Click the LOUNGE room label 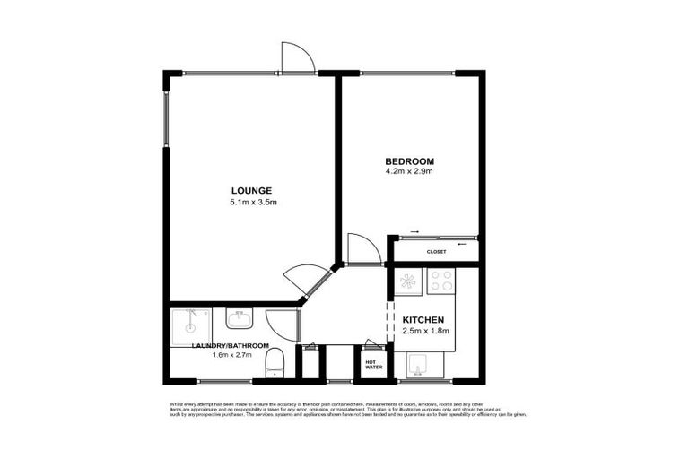tap(251, 190)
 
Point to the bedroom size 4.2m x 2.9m tap(409, 171)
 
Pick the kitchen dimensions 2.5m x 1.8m tap(424, 332)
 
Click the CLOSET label tap(437, 252)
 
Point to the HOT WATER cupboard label tap(372, 365)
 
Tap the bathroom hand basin tap(240, 319)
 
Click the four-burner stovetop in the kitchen tap(441, 282)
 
